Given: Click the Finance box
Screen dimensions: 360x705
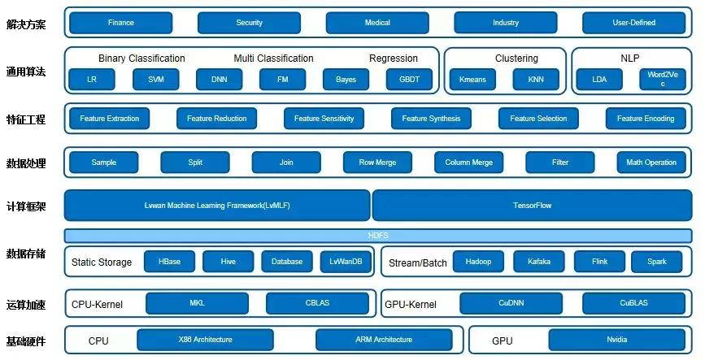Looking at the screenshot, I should click(x=120, y=23).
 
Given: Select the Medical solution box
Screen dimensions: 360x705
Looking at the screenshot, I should click(x=377, y=23).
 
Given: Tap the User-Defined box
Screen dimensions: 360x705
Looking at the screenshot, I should click(x=633, y=23).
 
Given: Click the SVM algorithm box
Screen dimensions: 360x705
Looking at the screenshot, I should click(x=156, y=80).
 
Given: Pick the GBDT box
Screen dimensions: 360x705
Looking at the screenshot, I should click(x=410, y=80).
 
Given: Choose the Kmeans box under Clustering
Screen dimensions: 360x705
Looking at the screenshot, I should click(x=472, y=80).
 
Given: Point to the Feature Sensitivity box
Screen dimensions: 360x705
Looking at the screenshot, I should click(x=324, y=119).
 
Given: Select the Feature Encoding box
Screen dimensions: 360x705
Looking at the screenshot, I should click(x=645, y=119).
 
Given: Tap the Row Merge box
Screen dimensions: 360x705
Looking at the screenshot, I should click(x=377, y=163).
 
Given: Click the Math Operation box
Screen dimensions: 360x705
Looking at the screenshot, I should click(x=651, y=163).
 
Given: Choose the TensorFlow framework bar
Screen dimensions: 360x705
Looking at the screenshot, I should click(x=532, y=206).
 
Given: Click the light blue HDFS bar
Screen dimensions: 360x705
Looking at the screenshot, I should click(x=377, y=236).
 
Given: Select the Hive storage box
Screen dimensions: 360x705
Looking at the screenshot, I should click(x=228, y=262).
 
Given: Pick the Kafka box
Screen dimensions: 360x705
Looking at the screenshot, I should click(x=538, y=262).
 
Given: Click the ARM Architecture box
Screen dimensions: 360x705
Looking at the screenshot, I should click(x=383, y=340).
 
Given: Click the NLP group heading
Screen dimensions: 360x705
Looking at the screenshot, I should click(x=630, y=59).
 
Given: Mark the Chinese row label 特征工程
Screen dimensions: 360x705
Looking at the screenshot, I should click(x=25, y=119).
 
